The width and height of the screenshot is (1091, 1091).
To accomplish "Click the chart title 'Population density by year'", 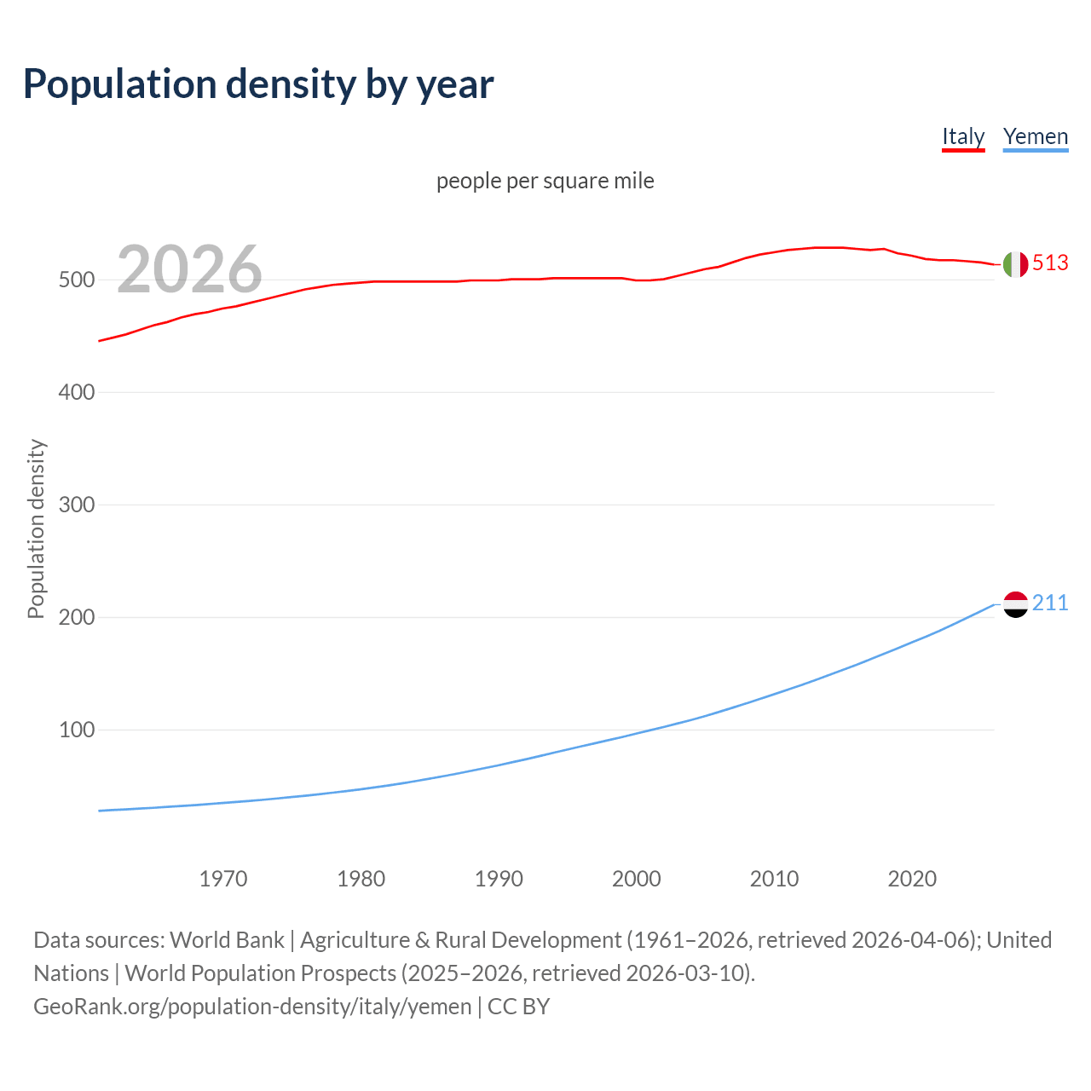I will pyautogui.click(x=258, y=84).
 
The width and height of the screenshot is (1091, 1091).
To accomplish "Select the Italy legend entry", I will pyautogui.click(x=963, y=136).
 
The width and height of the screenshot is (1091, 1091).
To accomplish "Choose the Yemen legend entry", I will pyautogui.click(x=1036, y=136).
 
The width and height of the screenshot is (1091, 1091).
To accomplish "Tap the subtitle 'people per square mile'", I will pyautogui.click(x=545, y=181).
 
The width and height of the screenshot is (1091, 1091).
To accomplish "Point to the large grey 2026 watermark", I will pyautogui.click(x=189, y=268).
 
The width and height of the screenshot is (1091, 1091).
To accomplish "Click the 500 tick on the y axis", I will pyautogui.click(x=76, y=280).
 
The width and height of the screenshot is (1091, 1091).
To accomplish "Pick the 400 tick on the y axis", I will pyautogui.click(x=76, y=392).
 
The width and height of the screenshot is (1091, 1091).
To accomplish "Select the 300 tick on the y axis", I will pyautogui.click(x=76, y=505).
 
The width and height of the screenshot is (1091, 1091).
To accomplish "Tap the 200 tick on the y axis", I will pyautogui.click(x=76, y=617).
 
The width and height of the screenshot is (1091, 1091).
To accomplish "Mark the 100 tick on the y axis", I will pyautogui.click(x=76, y=730).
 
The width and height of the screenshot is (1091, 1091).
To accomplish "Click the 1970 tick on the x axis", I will pyautogui.click(x=223, y=879).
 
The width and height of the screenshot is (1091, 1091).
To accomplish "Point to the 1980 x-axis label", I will pyautogui.click(x=361, y=879).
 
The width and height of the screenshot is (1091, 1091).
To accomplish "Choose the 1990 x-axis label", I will pyautogui.click(x=499, y=879).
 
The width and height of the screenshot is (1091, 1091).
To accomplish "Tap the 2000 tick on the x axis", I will pyautogui.click(x=637, y=879).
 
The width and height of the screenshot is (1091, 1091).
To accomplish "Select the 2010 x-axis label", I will pyautogui.click(x=774, y=879).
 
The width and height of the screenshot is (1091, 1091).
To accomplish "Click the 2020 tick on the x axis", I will pyautogui.click(x=912, y=879).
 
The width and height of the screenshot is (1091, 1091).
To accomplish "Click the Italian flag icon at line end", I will pyautogui.click(x=1015, y=264).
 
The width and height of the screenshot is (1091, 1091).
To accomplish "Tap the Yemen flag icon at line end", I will pyautogui.click(x=1015, y=604).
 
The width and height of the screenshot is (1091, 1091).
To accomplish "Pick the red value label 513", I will pyautogui.click(x=1050, y=263).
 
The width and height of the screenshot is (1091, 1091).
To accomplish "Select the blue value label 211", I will pyautogui.click(x=1050, y=603).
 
